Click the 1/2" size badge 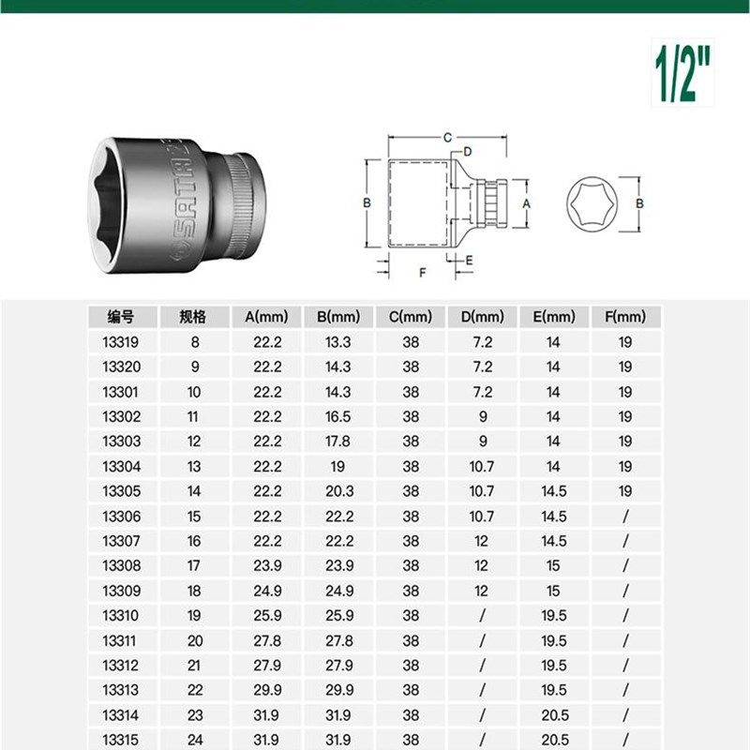click(681, 71)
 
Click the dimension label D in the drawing click(467, 151)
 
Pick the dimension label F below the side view click(423, 273)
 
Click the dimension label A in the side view click(526, 202)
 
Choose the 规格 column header click(195, 317)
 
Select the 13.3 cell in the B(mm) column click(338, 342)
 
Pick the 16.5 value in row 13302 click(338, 416)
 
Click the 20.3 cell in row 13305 click(338, 490)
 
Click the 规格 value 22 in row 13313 click(195, 689)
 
